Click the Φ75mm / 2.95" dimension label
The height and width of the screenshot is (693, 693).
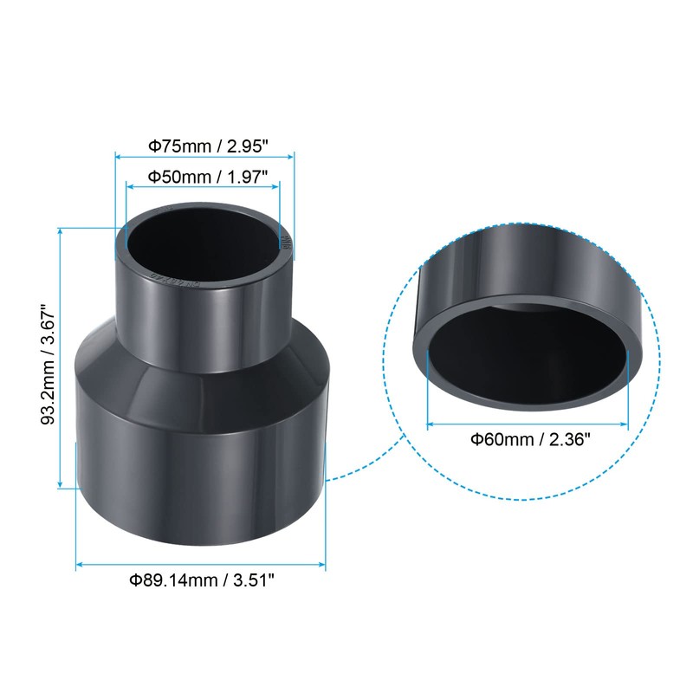tap(205, 146)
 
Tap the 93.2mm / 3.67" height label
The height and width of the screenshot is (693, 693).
tap(48, 357)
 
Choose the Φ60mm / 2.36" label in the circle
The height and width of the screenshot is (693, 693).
tap(530, 439)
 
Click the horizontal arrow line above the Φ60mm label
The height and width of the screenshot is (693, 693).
tap(528, 424)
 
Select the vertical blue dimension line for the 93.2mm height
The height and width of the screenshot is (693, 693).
tap(61, 357)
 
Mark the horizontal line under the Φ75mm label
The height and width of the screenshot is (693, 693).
tap(205, 158)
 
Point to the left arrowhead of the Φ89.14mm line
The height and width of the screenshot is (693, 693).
tap(80, 565)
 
